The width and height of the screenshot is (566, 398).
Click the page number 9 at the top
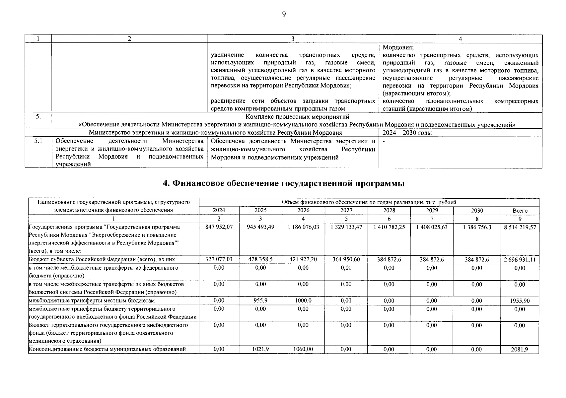[284, 14]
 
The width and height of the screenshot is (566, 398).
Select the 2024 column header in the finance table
[219, 211]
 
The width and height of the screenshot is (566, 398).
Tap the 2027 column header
[346, 211]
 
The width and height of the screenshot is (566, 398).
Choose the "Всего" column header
[520, 211]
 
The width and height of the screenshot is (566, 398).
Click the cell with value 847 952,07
[219, 227]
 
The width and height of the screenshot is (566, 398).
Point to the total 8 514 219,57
[520, 228]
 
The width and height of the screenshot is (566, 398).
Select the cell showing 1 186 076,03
[303, 227]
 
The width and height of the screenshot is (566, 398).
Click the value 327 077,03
[219, 259]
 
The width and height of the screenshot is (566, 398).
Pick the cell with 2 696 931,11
[520, 260]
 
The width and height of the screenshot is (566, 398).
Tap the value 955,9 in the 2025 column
[260, 300]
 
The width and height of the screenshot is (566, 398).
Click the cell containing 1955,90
[520, 301]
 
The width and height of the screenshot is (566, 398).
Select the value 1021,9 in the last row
[260, 349]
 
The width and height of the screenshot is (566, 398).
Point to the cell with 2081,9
[520, 350]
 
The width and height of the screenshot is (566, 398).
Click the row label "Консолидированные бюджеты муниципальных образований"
[107, 349]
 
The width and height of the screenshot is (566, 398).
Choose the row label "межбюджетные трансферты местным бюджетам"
[92, 301]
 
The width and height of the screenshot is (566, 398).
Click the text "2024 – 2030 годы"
[407, 133]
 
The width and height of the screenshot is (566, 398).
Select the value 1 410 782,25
[389, 227]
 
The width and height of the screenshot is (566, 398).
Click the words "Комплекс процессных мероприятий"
[297, 117]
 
